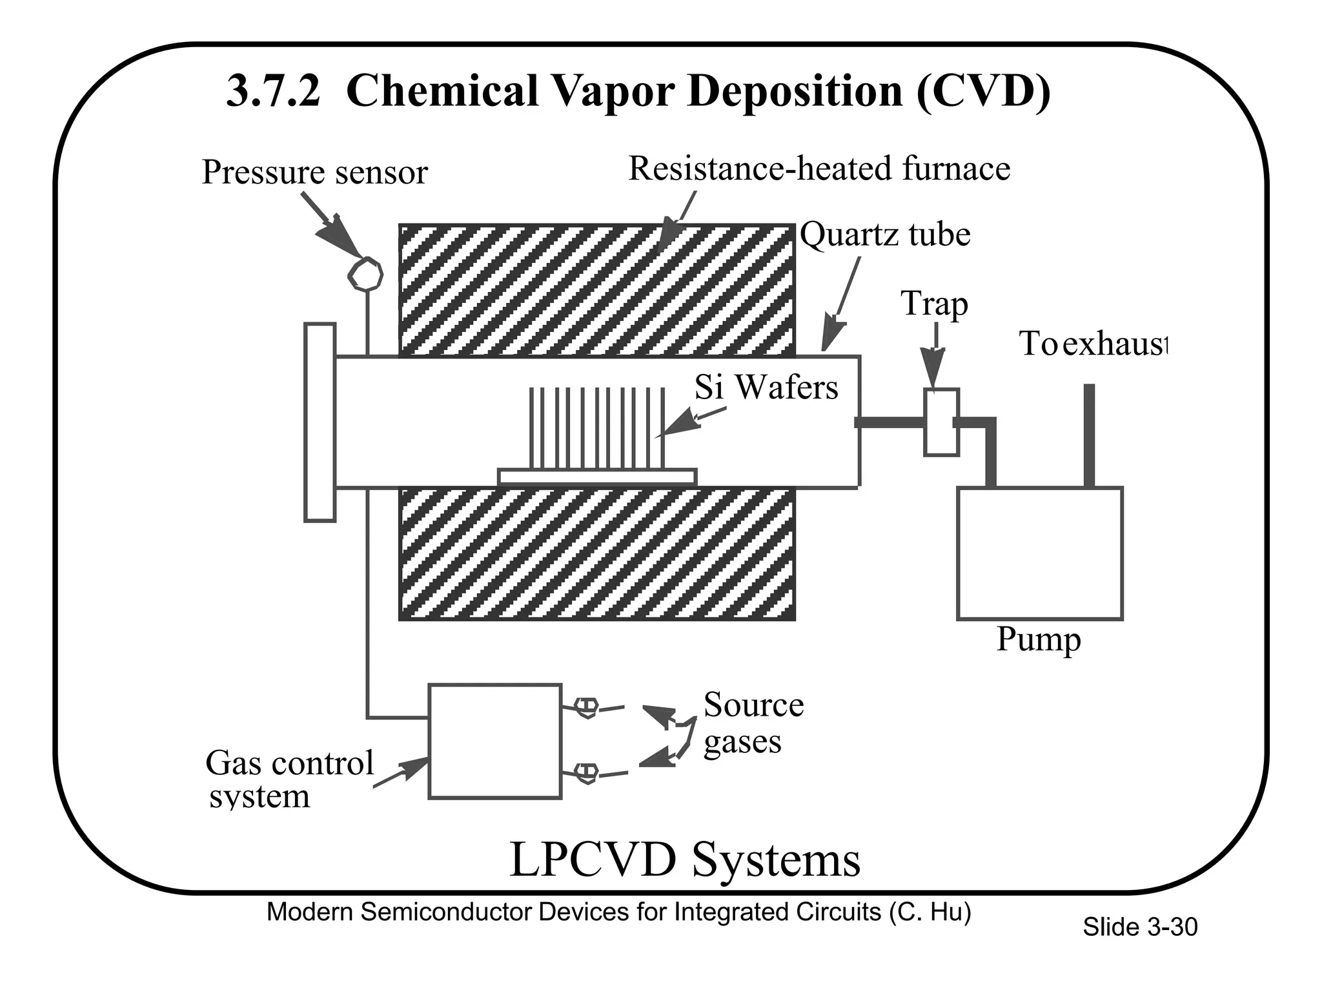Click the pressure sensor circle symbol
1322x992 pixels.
(x=365, y=274)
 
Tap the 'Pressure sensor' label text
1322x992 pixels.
(x=315, y=172)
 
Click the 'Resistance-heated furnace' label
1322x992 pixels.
(x=819, y=169)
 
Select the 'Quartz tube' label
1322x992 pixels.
(x=885, y=234)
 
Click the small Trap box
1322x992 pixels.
(x=941, y=422)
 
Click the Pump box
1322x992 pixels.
(x=1039, y=553)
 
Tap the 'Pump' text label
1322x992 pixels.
(x=1038, y=639)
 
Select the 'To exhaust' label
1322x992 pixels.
(x=1093, y=344)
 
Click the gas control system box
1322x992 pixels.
(x=494, y=741)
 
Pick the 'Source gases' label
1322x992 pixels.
(x=753, y=722)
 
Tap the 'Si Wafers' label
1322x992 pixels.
(x=766, y=387)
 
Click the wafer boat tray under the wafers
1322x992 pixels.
(x=597, y=477)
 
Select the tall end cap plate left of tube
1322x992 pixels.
(x=320, y=422)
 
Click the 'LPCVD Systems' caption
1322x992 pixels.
(x=685, y=860)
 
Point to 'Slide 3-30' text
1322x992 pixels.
(x=1139, y=927)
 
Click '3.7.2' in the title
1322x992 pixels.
(x=273, y=91)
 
